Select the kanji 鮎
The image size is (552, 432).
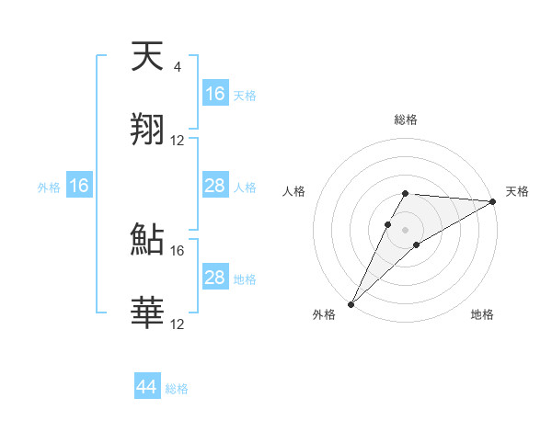tap(148, 239)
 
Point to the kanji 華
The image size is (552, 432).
tap(148, 313)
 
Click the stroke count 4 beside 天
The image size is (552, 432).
tap(177, 67)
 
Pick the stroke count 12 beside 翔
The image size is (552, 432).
tap(178, 141)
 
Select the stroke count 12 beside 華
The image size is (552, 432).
tap(178, 324)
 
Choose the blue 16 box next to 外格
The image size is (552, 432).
tap(79, 186)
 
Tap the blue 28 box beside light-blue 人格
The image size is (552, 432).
tap(215, 186)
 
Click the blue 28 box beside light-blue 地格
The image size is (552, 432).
tap(215, 278)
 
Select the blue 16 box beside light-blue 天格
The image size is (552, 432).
tap(215, 94)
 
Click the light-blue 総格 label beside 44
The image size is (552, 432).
tap(177, 389)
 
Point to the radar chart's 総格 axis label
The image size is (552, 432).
tap(406, 119)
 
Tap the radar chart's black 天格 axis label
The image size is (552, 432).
tap(517, 191)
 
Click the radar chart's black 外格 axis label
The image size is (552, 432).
tap(324, 315)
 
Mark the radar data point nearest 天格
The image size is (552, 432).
tap(493, 201)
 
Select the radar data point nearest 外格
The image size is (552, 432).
tap(351, 303)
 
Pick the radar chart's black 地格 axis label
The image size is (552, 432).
tap(482, 315)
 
